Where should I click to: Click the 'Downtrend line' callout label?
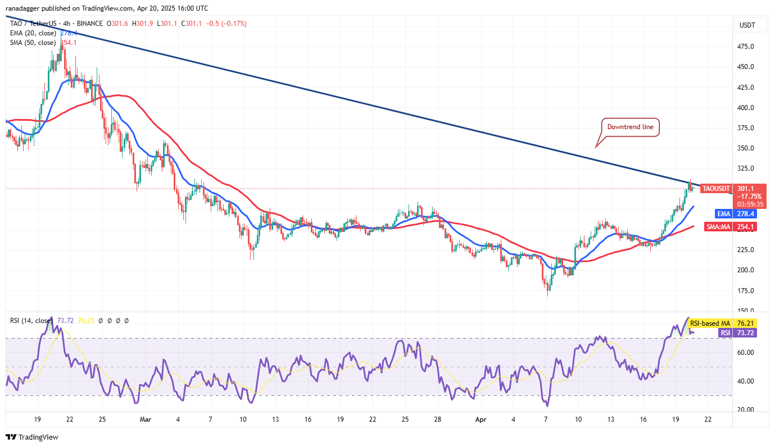pos(630,127)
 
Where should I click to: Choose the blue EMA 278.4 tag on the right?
pos(723,214)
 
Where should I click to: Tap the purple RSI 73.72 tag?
pos(737,333)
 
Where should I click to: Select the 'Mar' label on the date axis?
pos(146,419)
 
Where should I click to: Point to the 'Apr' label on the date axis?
pos(479,419)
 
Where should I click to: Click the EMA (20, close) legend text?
pos(33,33)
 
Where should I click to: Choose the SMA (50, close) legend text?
pos(33,43)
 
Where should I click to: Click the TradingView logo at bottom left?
pos(32,437)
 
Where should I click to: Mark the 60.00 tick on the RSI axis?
pos(745,353)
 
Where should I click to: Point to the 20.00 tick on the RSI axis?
pos(745,410)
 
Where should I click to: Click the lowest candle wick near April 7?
pos(547,295)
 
